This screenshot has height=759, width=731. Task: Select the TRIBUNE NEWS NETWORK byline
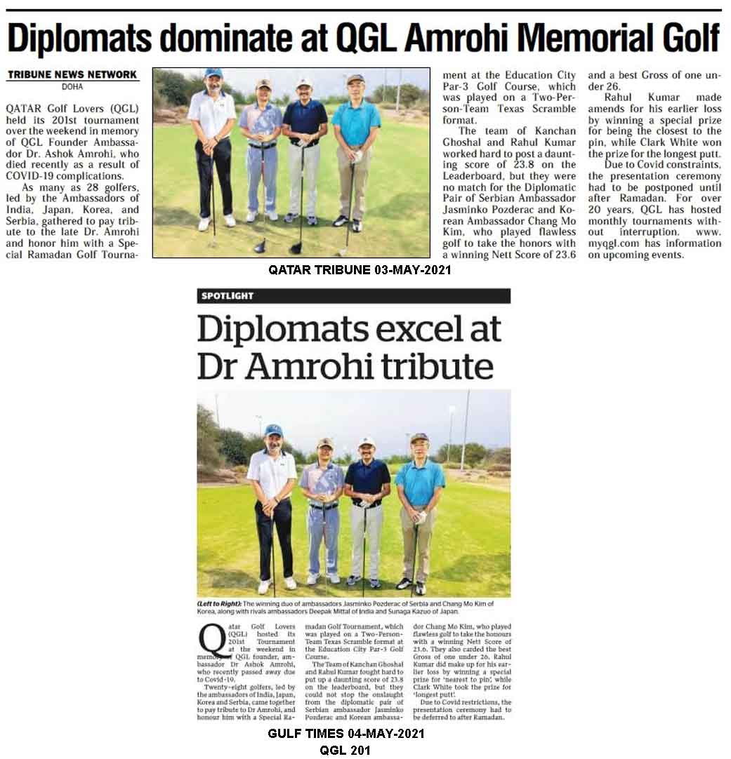click(x=72, y=74)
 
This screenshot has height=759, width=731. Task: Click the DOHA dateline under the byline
click(x=72, y=87)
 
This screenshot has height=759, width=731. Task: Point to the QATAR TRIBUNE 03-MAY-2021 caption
click(x=360, y=269)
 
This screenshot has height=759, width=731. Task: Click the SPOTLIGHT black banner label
click(x=228, y=296)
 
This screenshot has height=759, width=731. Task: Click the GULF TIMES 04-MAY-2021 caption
click(x=346, y=734)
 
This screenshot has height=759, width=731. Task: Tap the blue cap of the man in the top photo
click(x=213, y=72)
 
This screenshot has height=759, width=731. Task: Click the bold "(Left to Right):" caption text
click(x=219, y=604)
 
